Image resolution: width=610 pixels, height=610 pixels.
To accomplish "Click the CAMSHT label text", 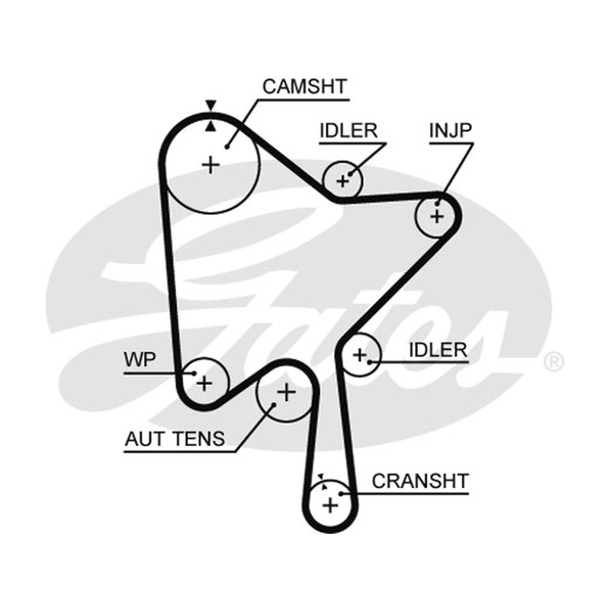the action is click(304, 86).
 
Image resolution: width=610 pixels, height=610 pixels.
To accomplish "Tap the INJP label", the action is click(451, 130).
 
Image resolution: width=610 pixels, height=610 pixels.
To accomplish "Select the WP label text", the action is click(140, 359).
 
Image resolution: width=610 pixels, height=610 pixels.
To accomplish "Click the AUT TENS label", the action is click(175, 439).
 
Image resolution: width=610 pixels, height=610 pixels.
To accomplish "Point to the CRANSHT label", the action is click(420, 481).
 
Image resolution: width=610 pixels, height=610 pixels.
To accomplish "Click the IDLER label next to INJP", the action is click(348, 130).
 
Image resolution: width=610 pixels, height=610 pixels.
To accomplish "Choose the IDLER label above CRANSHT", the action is click(438, 350).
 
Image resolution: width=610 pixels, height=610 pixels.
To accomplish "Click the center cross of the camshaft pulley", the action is click(211, 165).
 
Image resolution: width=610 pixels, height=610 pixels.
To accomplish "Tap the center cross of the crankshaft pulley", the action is click(331, 506).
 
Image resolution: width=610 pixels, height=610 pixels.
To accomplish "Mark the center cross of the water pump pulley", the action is click(204, 384).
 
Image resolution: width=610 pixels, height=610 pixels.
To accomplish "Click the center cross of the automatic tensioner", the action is click(287, 392).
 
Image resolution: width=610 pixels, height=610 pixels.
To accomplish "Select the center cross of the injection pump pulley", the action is click(437, 216).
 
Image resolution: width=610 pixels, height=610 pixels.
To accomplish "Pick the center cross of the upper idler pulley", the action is click(342, 181).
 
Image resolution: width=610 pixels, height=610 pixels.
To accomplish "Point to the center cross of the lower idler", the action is click(360, 355).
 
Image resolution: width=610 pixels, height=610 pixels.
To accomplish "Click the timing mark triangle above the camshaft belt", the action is click(211, 105).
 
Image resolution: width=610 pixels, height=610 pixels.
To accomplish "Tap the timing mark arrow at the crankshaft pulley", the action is click(321, 477).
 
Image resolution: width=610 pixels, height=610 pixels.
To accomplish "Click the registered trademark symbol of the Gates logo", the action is click(554, 361).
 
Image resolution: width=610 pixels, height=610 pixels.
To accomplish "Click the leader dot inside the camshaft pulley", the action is click(226, 147).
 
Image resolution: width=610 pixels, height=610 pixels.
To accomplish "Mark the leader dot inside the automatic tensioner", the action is click(274, 405).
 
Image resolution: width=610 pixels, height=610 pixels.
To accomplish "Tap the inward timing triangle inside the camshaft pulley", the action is click(210, 126).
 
